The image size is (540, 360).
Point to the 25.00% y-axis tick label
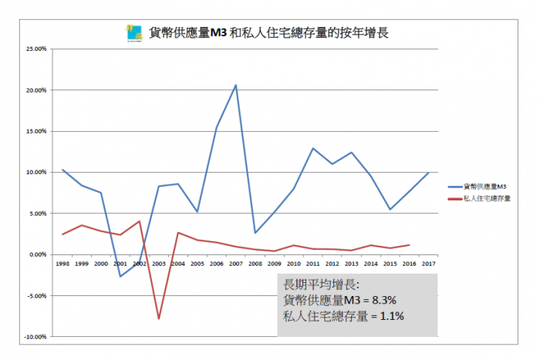coord(37,49)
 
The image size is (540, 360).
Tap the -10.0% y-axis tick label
coord(37,336)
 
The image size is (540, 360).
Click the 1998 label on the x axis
coord(62,263)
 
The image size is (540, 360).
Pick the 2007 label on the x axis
coord(235,263)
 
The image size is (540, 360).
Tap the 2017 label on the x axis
coord(428,263)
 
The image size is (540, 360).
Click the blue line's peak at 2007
coord(235,85)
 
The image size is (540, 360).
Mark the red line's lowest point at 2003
coord(159,318)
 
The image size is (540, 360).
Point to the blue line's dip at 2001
coord(120,276)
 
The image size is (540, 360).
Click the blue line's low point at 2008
coord(255,233)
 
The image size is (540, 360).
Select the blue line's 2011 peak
coord(313,148)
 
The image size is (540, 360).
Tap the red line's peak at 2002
coord(140,221)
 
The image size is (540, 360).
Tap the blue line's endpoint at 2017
coord(428,173)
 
